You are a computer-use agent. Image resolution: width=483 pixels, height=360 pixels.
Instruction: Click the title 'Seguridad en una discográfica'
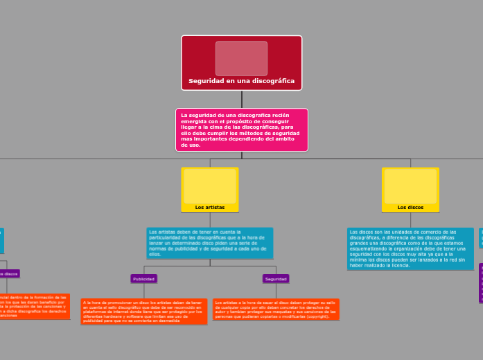241,81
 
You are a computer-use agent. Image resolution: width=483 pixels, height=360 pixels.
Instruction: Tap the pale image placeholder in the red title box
241,58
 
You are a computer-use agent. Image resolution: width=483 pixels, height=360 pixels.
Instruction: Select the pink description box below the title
241,129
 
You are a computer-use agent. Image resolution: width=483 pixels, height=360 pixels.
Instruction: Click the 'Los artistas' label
210,207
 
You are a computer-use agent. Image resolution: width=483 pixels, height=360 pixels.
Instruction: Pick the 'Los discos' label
410,207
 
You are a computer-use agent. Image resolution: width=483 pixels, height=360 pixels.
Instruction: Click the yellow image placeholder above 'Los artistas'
210,186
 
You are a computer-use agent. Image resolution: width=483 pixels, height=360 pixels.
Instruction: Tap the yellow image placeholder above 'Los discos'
410,186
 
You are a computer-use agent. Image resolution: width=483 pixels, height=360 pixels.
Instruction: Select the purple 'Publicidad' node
144,278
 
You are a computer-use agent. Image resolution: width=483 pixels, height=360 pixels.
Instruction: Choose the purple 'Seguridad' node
276,278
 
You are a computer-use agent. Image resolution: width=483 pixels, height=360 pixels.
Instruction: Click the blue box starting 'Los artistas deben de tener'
210,243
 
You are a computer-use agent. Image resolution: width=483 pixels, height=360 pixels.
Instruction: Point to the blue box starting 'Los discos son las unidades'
410,249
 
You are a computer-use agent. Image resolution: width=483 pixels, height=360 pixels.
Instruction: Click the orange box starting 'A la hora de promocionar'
144,312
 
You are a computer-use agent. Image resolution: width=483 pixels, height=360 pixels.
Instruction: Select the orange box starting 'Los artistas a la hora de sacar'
276,309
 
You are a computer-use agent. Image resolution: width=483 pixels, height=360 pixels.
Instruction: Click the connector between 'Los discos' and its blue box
410,220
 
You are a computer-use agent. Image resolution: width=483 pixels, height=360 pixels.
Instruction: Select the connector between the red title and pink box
241,99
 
